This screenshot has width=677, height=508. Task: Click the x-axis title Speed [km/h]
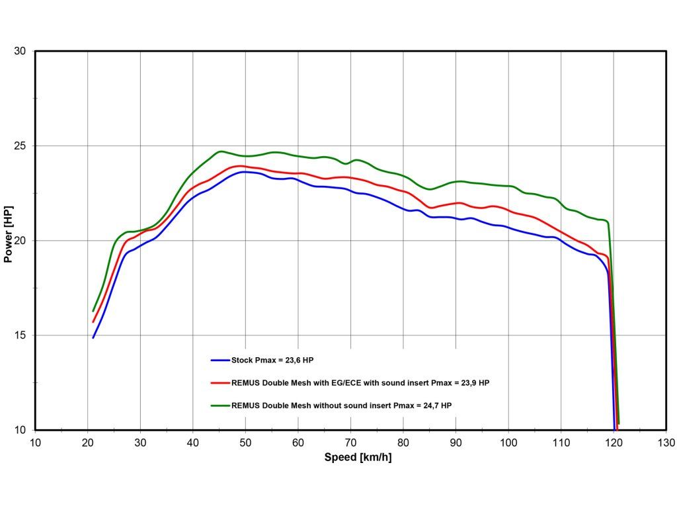[358, 457]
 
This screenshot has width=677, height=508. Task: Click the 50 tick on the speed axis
[245, 442]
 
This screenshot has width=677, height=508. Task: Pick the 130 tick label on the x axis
[666, 442]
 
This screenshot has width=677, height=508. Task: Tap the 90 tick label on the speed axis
[456, 442]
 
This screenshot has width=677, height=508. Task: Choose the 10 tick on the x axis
[35, 442]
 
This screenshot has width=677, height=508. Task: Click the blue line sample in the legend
[219, 360]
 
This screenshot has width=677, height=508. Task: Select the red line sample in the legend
[219, 382]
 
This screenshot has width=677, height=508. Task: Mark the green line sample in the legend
[219, 405]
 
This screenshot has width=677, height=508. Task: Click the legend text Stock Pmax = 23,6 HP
[272, 360]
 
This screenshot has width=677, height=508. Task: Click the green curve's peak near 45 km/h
[221, 151]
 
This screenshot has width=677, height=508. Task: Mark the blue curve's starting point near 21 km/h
[93, 337]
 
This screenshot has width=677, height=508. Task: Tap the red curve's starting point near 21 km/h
[93, 322]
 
